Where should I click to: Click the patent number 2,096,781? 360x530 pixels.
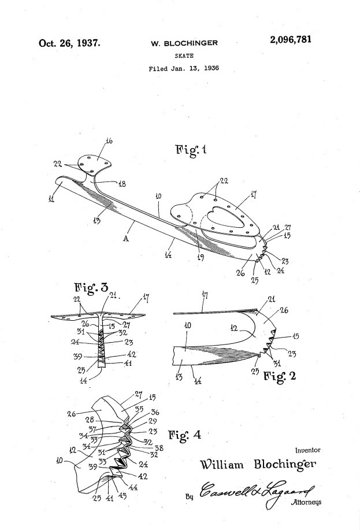pos(290,39)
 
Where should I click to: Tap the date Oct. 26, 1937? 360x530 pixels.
pos(69,43)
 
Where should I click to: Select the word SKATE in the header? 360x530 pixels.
pos(184,55)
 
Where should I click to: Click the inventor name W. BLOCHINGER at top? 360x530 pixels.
pos(184,43)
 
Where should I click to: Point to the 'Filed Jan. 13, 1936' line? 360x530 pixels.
pos(184,68)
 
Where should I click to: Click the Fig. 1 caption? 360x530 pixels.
pos(191,150)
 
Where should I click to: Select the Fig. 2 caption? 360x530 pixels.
pos(280,376)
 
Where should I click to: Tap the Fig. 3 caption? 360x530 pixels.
pos(91,288)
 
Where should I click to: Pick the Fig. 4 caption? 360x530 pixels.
pos(184,435)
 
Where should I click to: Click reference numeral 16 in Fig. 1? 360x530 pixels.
pos(109,141)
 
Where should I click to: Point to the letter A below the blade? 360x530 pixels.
pos(126,239)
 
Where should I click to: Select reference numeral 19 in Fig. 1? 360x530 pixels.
pos(201,258)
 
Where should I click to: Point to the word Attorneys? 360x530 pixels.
pos(306,502)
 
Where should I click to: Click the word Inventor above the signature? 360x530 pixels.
pos(307,450)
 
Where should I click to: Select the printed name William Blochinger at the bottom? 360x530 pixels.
pos(258,464)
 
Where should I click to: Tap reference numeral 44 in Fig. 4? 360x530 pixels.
pos(133,487)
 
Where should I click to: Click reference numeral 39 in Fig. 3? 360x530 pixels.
pos(78,356)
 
